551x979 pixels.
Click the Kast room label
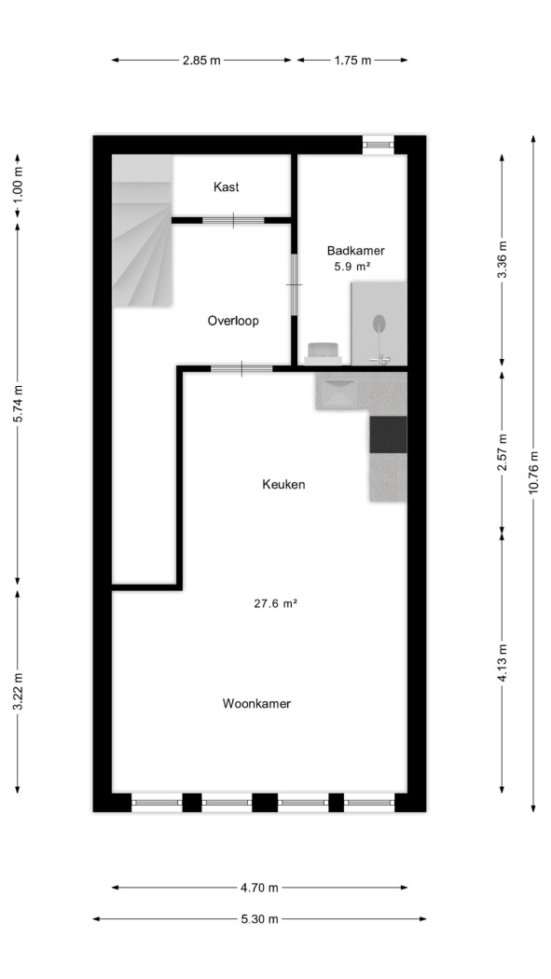pos(226,186)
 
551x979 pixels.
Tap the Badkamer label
pos(356,251)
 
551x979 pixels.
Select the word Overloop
pos(233,321)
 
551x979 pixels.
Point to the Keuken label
pos(283,484)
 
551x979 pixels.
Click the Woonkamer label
pos(256,704)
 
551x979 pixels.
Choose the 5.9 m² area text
pos(353,267)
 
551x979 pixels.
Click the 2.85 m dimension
pos(201,61)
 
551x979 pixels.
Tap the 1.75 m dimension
pos(352,61)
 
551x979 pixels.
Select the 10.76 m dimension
pos(533,472)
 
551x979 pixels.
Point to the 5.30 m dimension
pos(259,919)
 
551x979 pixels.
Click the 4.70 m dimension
pos(259,888)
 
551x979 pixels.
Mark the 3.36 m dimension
pos(503,260)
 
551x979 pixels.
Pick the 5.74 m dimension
pos(18,404)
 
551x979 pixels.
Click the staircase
pos(143,231)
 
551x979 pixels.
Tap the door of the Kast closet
pos(233,220)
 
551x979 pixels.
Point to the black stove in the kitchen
pos(388,434)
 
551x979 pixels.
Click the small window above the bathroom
pos(379,145)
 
